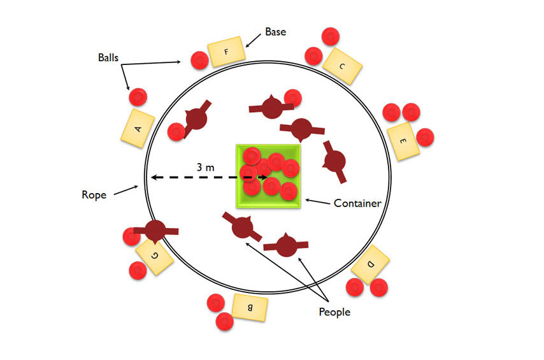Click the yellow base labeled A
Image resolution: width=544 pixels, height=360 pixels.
[138, 128]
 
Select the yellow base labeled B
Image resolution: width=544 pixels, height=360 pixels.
[250, 307]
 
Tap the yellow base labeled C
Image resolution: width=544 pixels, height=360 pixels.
[342, 65]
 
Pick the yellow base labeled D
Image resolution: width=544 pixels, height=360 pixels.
[371, 264]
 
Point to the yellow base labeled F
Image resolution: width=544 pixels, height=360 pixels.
[226, 52]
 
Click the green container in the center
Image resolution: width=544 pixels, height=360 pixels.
[268, 176]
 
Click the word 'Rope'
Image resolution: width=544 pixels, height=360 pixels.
[94, 194]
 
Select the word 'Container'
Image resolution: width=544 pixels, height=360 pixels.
[357, 203]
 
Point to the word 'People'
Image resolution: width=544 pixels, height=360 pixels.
[334, 312]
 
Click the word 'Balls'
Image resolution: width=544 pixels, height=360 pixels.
[108, 57]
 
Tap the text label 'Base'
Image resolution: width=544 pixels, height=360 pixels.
[275, 31]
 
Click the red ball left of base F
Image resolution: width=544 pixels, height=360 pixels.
[199, 61]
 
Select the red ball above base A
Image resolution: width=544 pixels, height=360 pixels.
[138, 97]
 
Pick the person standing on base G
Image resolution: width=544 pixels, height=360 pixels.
[155, 230]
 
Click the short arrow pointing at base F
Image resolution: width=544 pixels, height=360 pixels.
[253, 40]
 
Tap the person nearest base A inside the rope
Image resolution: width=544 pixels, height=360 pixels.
[196, 119]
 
